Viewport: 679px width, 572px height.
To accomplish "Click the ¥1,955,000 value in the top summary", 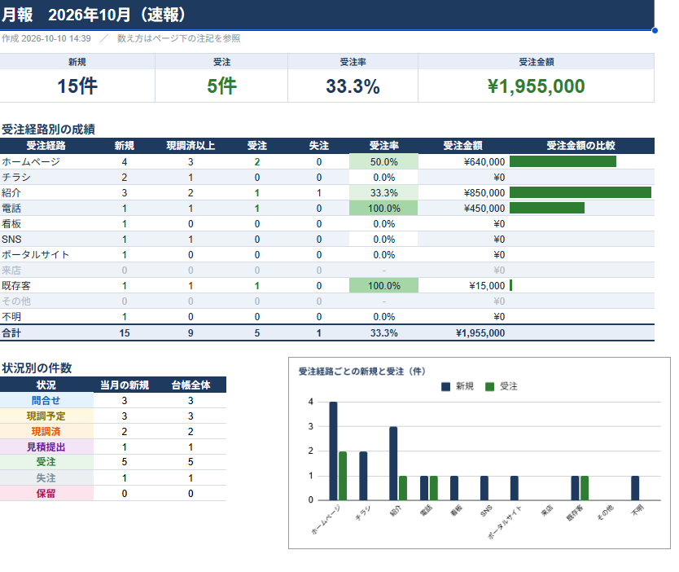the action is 536,86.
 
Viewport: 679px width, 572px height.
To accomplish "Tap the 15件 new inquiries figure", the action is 77,86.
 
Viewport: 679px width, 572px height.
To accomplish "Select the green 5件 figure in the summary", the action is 221,86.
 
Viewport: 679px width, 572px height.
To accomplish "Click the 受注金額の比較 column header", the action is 580,146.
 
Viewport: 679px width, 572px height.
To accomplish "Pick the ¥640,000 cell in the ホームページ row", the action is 484,162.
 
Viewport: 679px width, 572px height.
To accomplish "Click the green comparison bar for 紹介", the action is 580,192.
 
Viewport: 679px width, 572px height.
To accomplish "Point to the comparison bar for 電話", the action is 547,208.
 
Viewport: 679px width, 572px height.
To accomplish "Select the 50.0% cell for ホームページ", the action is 383,162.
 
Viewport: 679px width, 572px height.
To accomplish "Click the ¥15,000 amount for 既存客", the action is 487,286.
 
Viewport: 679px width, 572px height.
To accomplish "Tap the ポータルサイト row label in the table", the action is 36,255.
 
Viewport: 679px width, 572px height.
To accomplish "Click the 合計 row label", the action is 11,332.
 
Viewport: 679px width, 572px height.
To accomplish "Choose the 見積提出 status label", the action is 46,447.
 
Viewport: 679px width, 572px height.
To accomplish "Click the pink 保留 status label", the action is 46,493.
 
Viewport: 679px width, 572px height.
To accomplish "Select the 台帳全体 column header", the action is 191,385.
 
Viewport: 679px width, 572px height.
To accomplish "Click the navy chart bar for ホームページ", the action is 334,451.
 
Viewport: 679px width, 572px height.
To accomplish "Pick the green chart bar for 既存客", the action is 585,488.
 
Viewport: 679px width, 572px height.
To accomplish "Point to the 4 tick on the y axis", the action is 310,402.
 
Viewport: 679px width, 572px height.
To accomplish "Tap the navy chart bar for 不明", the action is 635,488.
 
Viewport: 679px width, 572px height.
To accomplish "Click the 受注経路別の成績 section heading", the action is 48,129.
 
